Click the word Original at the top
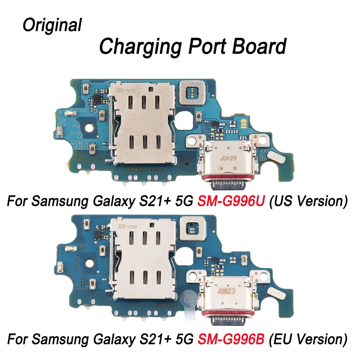[x=52, y=25]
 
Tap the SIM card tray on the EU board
[x=143, y=262]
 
